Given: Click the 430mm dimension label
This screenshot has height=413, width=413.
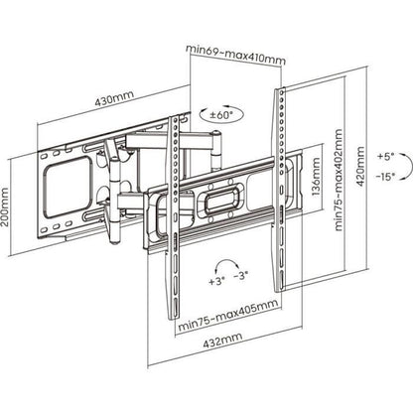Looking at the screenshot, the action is (x=114, y=97).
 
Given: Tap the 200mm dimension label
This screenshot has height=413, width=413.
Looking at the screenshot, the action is (x=4, y=207).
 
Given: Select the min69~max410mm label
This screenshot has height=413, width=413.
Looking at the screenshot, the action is (x=235, y=54).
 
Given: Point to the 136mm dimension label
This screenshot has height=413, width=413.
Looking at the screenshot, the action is (x=316, y=177).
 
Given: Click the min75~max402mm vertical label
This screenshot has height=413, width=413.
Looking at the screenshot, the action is (x=339, y=180).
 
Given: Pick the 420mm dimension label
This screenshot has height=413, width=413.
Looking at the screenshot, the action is (x=360, y=167).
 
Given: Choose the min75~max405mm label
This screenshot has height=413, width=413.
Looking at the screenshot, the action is (x=228, y=315).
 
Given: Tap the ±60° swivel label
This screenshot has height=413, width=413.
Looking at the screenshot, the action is (x=221, y=115).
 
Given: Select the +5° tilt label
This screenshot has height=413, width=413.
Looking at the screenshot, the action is (x=386, y=156).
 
